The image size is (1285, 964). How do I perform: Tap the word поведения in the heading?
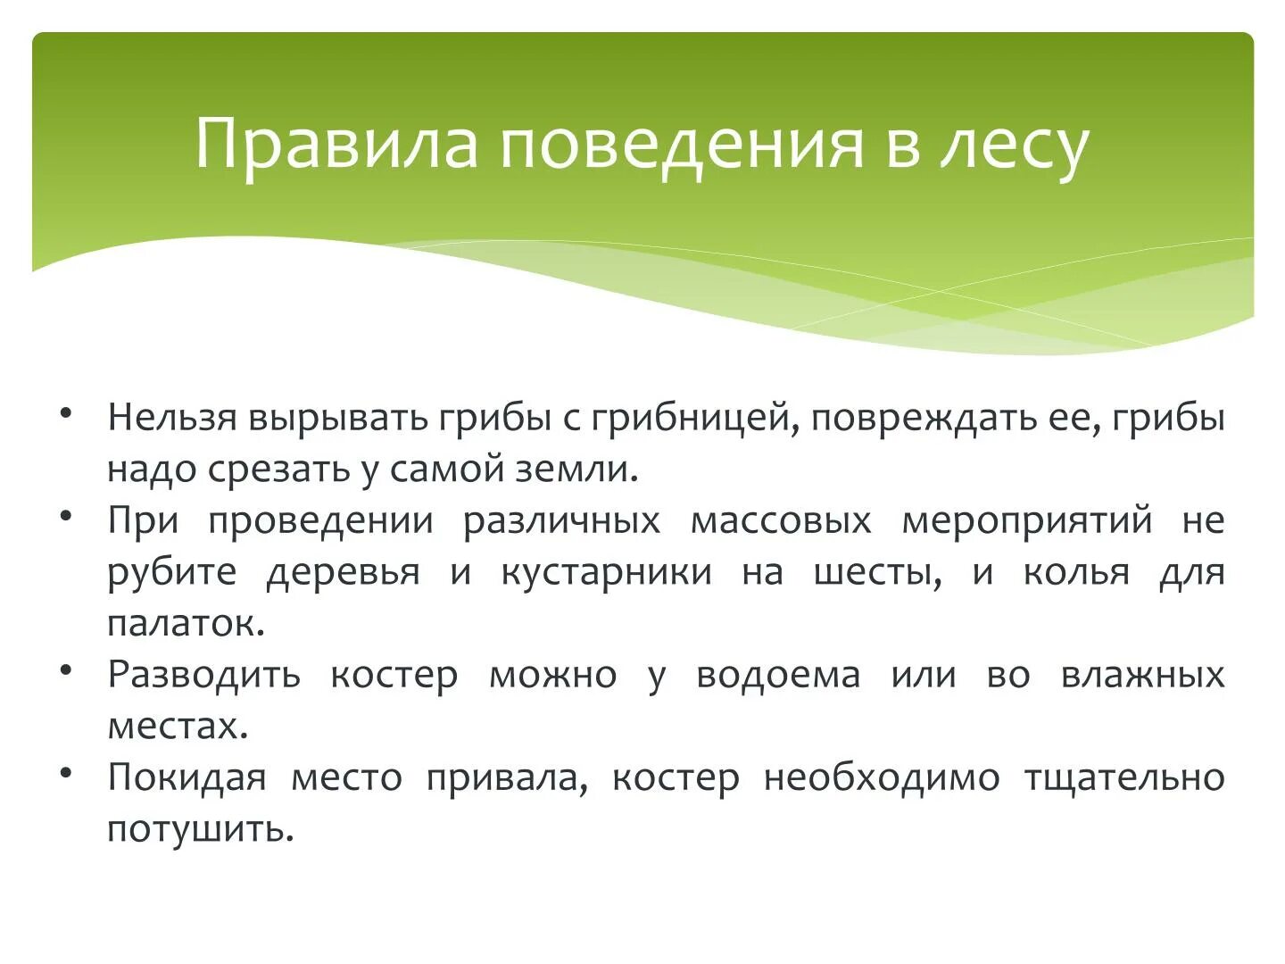[681, 143]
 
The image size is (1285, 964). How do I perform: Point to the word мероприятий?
[1027, 520]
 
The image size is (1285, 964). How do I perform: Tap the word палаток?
[185, 623]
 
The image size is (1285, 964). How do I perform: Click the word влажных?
[1142, 674]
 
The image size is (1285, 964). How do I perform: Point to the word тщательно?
[1123, 777]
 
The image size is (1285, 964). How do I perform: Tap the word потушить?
[200, 829]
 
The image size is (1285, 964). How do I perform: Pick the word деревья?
[343, 571]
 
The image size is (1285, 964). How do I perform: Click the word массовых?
[781, 520]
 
